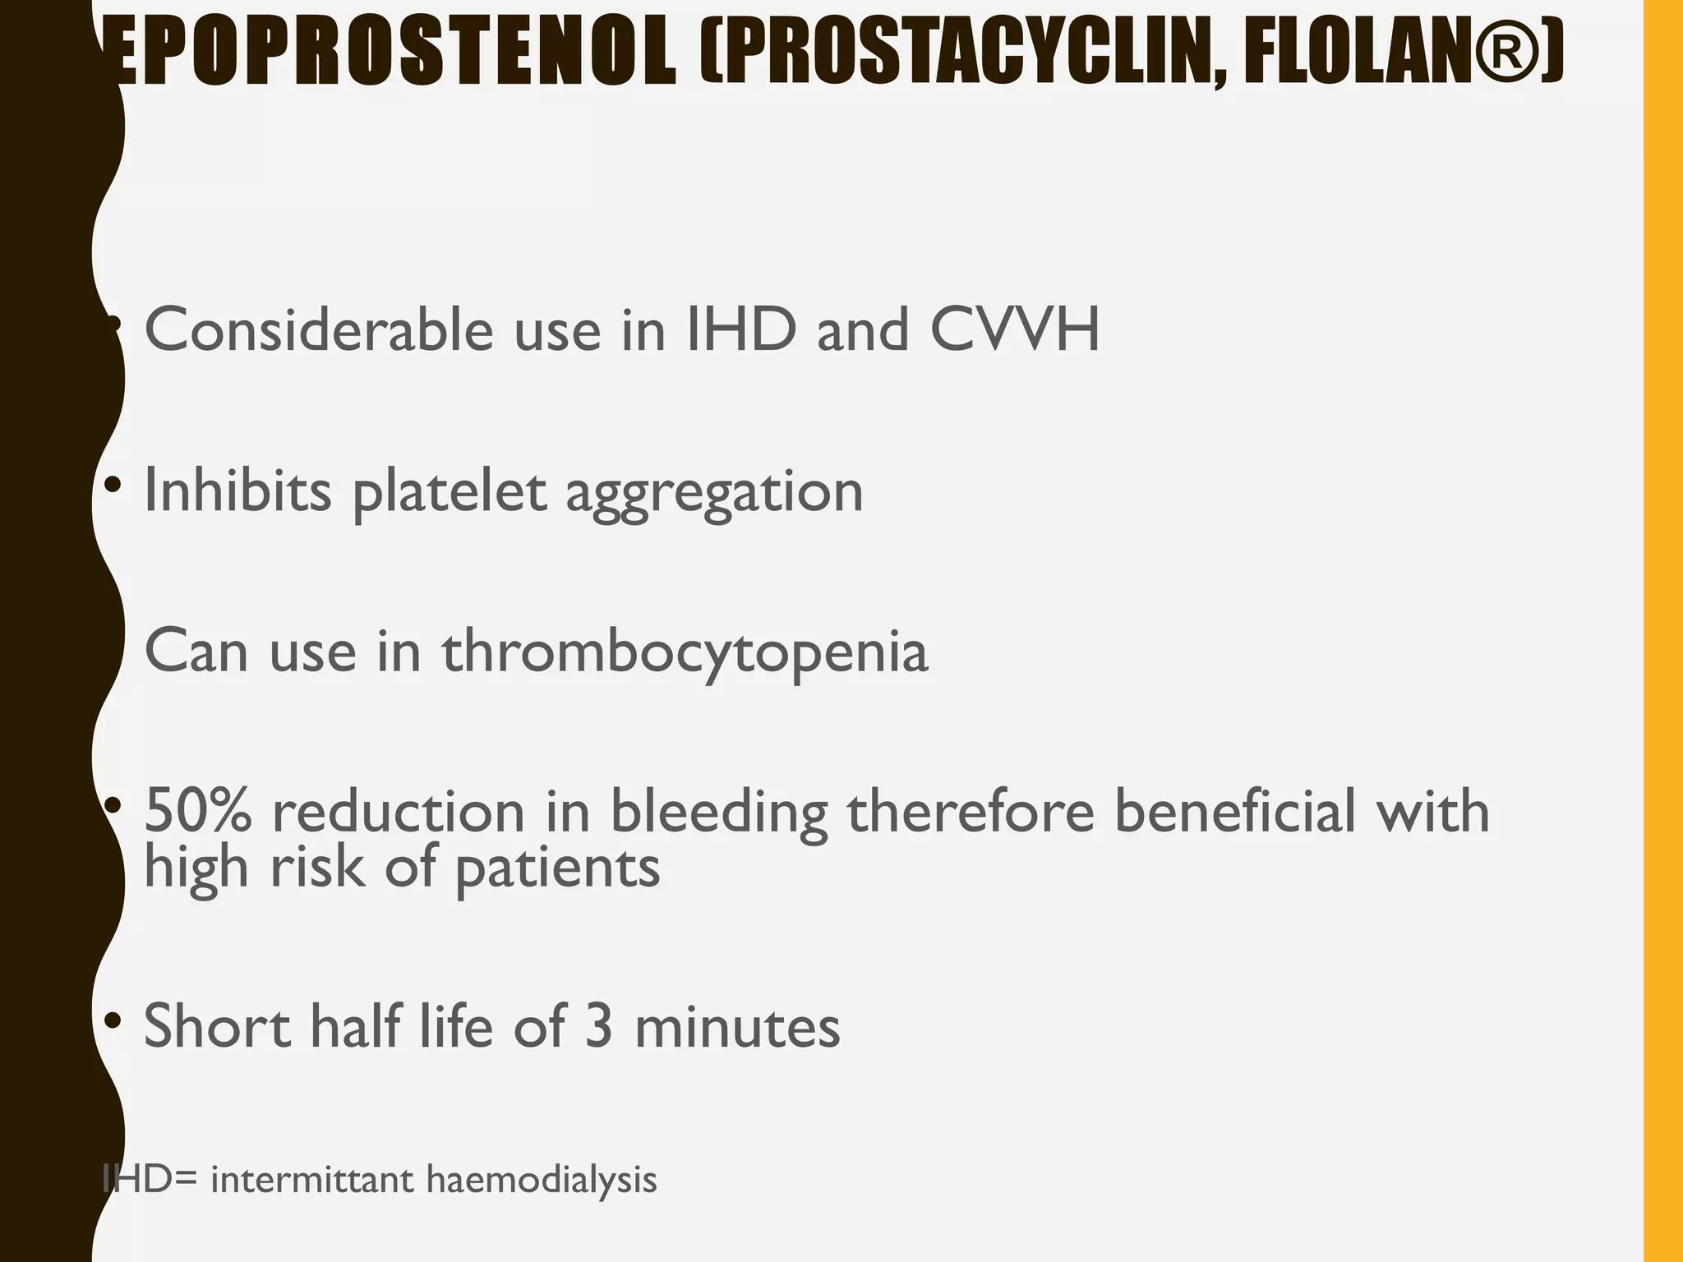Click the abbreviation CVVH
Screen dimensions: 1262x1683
(1015, 330)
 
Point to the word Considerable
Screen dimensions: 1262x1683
(319, 330)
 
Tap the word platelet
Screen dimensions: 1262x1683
(450, 492)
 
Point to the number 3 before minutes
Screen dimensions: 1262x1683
(599, 1026)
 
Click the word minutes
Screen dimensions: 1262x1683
(737, 1026)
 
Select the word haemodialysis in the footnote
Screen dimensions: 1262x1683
(542, 1179)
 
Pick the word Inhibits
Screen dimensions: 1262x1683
(237, 491)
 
